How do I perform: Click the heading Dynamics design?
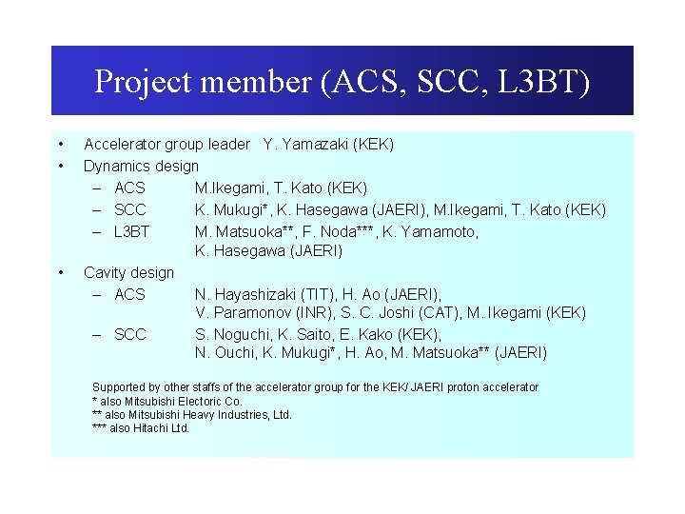141,166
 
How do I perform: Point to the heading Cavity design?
128,272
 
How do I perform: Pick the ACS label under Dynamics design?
129,188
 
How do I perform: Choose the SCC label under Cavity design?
129,334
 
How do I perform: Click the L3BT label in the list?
132,231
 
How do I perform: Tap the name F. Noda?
330,231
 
